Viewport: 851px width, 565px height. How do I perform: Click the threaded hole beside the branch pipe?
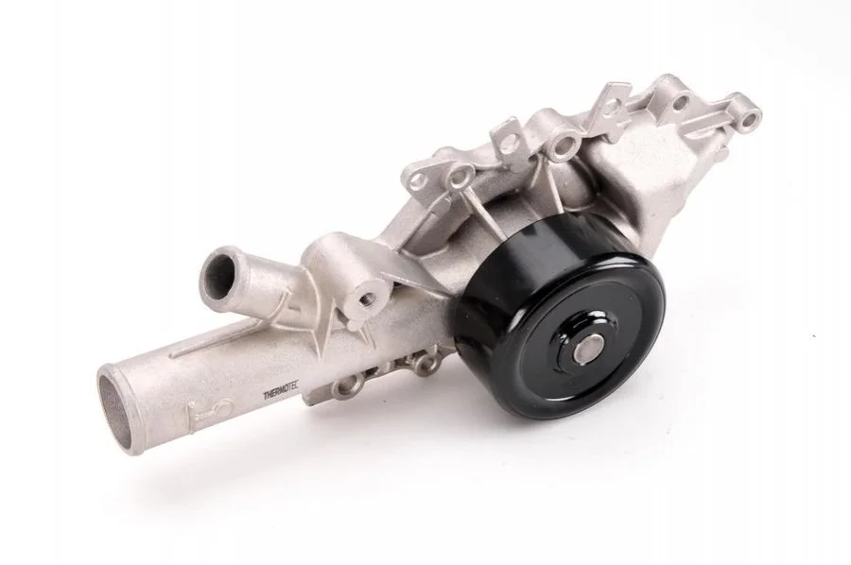[x=366, y=297]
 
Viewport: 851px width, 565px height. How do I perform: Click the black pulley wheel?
[x=562, y=325]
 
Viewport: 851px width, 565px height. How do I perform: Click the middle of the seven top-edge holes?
[x=565, y=144]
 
